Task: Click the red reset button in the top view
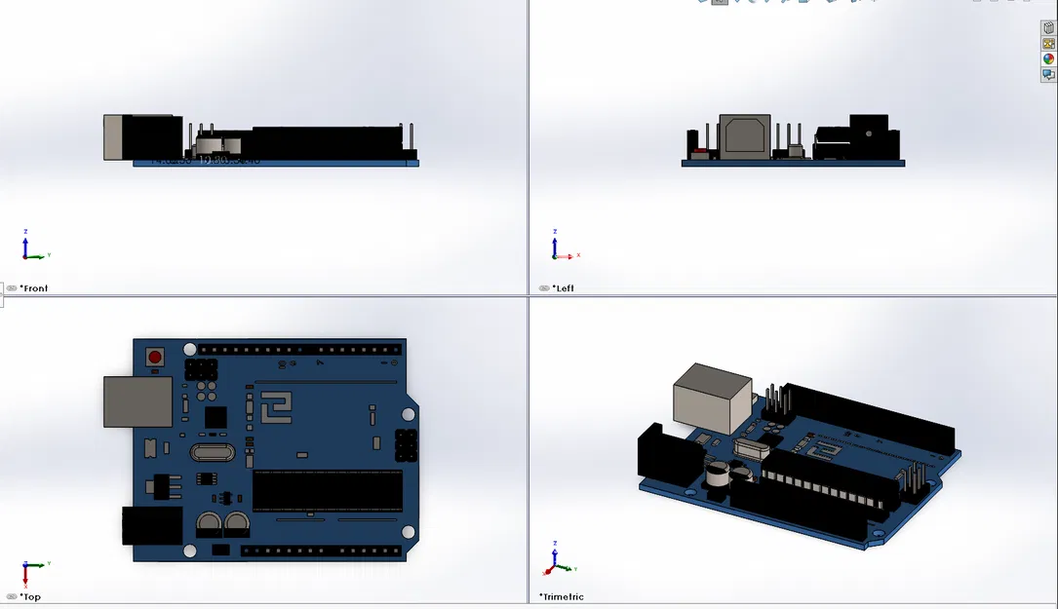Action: click(x=154, y=357)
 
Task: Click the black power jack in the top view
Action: click(x=151, y=525)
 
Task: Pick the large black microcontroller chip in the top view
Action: click(x=327, y=490)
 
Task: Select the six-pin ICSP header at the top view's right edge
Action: click(x=406, y=445)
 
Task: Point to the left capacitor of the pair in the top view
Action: click(x=209, y=525)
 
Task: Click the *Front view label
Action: click(x=33, y=288)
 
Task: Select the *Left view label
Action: click(x=563, y=288)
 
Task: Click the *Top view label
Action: click(x=30, y=597)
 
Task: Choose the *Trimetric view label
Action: click(x=562, y=597)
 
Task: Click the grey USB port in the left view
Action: click(x=744, y=136)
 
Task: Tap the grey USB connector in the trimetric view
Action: click(x=712, y=398)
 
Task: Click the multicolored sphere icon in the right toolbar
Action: click(x=1048, y=59)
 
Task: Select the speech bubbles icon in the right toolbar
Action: click(x=1048, y=75)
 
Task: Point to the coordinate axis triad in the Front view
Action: click(x=32, y=247)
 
